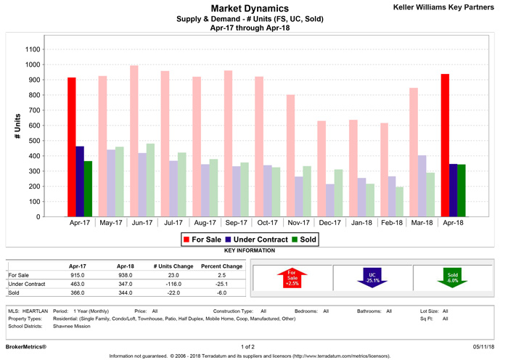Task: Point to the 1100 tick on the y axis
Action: (x=33, y=49)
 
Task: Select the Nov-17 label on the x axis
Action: (x=299, y=224)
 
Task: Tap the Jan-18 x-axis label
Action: (x=361, y=224)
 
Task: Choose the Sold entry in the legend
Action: (x=305, y=239)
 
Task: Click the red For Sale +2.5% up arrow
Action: (x=292, y=276)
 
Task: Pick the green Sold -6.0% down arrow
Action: (x=453, y=276)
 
